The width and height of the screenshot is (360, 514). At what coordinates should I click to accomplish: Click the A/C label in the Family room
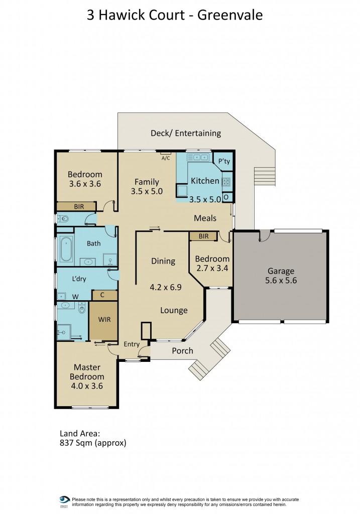(x=165, y=158)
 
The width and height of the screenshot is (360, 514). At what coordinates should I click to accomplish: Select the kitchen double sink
(x=199, y=158)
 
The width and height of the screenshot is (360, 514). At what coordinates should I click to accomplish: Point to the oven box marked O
(x=226, y=197)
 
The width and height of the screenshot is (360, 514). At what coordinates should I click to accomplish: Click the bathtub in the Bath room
(x=65, y=249)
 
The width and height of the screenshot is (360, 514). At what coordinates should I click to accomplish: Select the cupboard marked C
(x=102, y=295)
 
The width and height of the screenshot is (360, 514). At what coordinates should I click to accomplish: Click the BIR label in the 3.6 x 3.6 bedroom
(x=78, y=206)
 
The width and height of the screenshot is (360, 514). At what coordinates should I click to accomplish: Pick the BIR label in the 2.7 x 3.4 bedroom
(x=203, y=236)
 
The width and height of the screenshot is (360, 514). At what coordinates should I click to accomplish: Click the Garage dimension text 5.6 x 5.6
(x=281, y=281)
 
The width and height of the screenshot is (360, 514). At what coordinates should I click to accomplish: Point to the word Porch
(x=182, y=351)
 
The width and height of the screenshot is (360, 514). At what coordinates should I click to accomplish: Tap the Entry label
(x=131, y=344)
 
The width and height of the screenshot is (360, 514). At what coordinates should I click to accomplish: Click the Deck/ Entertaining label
(x=186, y=133)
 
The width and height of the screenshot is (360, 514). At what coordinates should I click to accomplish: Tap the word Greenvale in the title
(x=230, y=15)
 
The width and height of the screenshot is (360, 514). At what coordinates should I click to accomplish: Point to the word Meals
(x=205, y=218)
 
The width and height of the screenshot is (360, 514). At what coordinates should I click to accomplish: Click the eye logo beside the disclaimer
(x=64, y=500)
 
